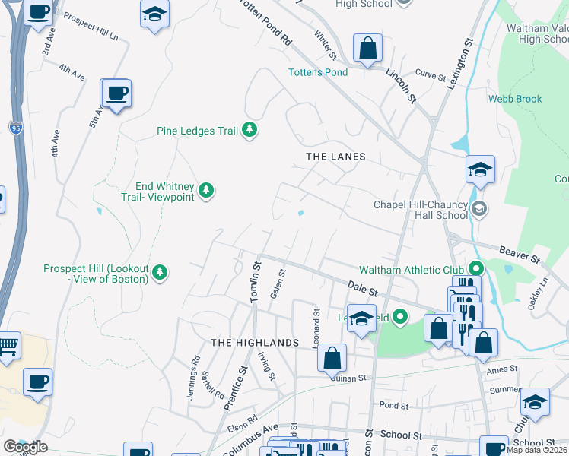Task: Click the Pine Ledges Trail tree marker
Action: click(249, 131)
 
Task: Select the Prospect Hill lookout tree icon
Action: click(159, 272)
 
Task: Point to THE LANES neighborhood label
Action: click(335, 157)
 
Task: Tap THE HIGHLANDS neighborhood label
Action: click(254, 343)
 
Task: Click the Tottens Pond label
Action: click(317, 72)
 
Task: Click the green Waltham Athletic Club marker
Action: click(475, 269)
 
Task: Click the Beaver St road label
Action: click(519, 254)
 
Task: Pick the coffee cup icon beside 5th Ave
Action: click(116, 93)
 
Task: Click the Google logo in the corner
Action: click(25, 447)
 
